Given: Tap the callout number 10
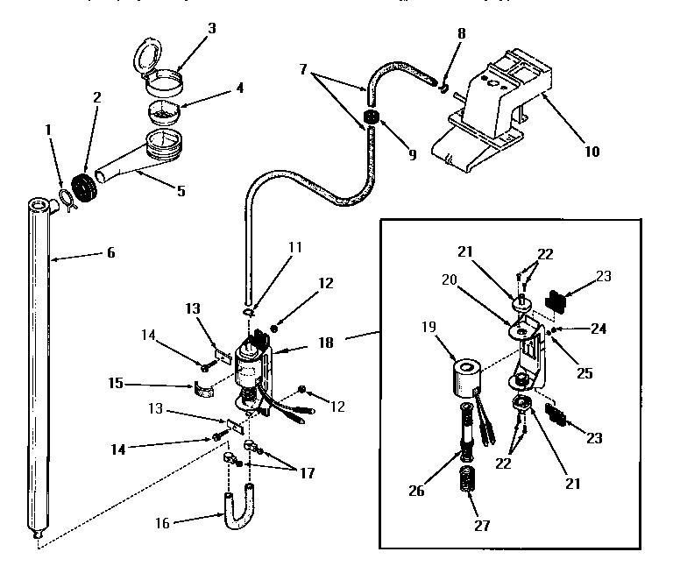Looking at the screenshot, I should (x=592, y=151).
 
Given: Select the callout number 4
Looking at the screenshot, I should (x=238, y=88).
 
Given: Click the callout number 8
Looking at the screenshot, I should (x=462, y=34).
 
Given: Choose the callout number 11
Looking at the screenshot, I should (x=294, y=248).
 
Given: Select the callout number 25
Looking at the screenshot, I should (x=584, y=372).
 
